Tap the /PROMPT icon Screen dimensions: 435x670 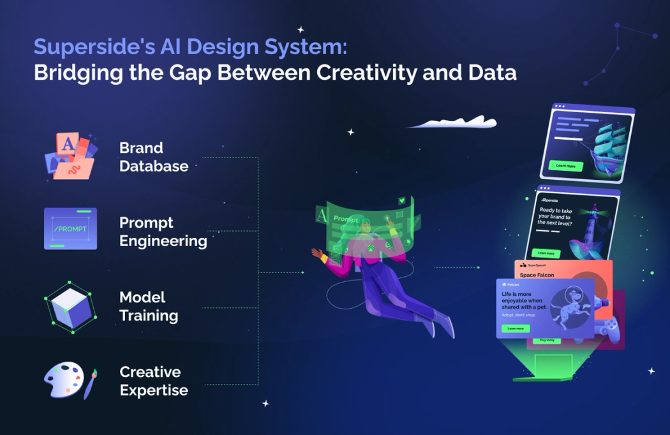point(70,228)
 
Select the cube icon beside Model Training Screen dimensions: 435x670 point(70,307)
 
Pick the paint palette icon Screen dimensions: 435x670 point(64,380)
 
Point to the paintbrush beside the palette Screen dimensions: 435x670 point(90,384)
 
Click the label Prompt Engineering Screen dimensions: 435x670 point(163,232)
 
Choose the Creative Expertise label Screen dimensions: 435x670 point(154,381)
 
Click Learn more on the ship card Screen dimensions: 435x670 point(565,166)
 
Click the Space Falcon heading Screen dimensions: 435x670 point(537,275)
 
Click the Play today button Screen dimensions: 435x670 point(547,340)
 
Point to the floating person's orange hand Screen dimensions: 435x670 point(317,253)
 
